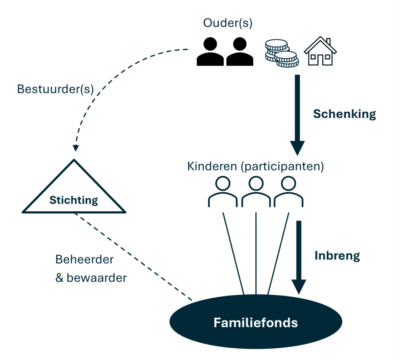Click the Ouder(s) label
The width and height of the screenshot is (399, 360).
coord(228,23)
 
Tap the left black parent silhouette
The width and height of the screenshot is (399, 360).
coord(210,52)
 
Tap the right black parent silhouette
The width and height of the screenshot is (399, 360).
coord(240,52)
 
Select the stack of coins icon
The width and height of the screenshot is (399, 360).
coord(281,53)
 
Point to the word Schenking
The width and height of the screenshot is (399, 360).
coord(344,114)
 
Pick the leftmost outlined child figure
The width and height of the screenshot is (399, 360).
coord(222,191)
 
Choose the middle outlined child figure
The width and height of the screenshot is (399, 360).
coord(256,191)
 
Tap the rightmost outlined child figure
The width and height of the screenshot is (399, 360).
coord(288,191)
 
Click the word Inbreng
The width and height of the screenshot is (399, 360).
coord(337,256)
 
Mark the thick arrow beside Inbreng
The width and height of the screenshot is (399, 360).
coord(299,257)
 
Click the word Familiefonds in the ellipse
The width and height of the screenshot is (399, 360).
coord(256,323)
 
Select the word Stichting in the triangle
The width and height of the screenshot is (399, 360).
coord(74,201)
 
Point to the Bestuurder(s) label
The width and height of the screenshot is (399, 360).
coord(56,89)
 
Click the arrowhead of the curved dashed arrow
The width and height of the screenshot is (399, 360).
coord(75,148)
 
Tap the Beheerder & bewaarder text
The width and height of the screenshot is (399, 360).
coord(91,269)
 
